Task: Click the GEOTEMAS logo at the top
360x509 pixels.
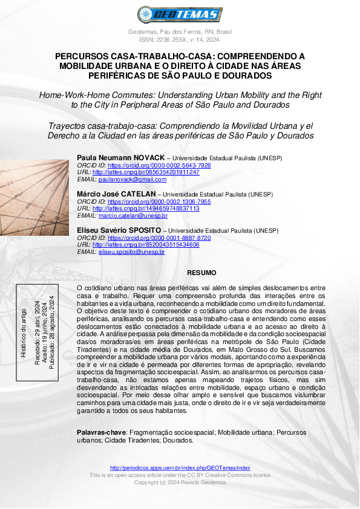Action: (x=180, y=14)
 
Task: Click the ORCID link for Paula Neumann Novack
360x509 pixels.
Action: (x=159, y=165)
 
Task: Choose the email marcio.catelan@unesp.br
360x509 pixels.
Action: (x=133, y=215)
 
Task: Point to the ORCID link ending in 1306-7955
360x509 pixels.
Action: (x=159, y=201)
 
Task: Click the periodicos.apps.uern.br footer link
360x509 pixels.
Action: (x=180, y=468)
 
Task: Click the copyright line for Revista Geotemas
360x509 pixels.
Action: (x=180, y=482)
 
